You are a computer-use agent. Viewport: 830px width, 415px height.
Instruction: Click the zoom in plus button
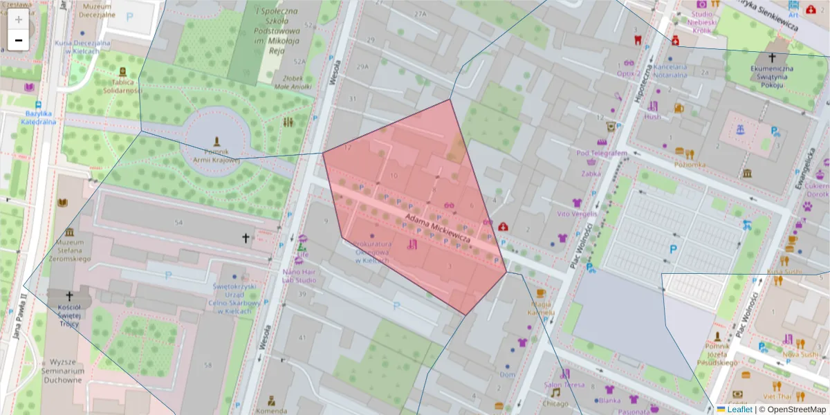[x=19, y=19]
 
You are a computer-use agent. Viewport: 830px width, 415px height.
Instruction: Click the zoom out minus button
[x=19, y=40]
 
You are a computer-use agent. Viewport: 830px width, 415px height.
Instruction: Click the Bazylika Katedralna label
[x=40, y=117]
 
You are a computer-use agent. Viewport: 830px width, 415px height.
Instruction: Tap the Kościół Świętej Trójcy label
[x=68, y=315]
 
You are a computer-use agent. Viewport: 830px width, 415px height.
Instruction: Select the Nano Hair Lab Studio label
[x=299, y=276]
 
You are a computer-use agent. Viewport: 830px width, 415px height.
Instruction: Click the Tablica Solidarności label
[x=122, y=86]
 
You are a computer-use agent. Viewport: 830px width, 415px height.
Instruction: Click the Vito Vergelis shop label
[x=577, y=214]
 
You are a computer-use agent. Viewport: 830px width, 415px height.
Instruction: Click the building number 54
[x=178, y=222]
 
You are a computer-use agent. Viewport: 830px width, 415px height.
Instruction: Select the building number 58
[x=208, y=364]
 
